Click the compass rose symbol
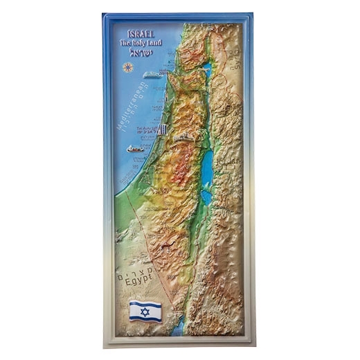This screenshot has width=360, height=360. (x=128, y=68)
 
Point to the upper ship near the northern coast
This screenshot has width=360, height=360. (x=153, y=74)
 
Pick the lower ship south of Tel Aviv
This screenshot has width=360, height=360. (x=135, y=148)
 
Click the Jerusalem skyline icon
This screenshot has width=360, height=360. (x=183, y=138)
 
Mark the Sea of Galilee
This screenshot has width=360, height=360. (x=206, y=69)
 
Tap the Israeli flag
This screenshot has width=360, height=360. (x=145, y=312)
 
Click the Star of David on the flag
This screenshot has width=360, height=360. (x=145, y=312)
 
